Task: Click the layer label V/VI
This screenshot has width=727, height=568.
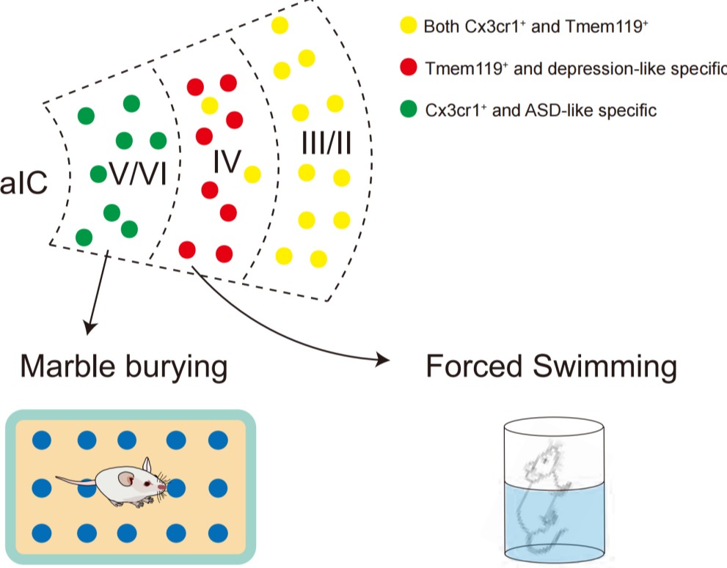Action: tap(138, 174)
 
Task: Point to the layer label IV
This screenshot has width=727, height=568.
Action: tap(227, 163)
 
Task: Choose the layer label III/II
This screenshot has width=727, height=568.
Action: tap(326, 144)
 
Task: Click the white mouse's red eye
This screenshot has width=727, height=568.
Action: tap(159, 485)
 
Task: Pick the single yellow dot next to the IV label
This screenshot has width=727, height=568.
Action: tap(252, 174)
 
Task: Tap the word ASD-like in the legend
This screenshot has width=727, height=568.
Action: tap(545, 111)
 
